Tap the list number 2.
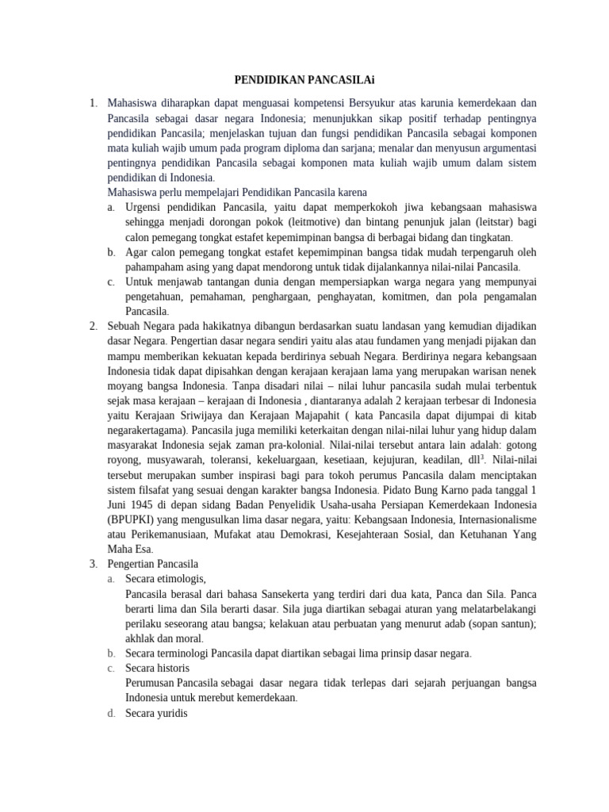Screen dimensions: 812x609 [93, 326]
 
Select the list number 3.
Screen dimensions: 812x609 [93, 563]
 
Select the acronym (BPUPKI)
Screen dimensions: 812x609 [133, 519]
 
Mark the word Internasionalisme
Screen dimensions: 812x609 [492, 519]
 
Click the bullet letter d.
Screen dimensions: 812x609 [111, 712]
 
